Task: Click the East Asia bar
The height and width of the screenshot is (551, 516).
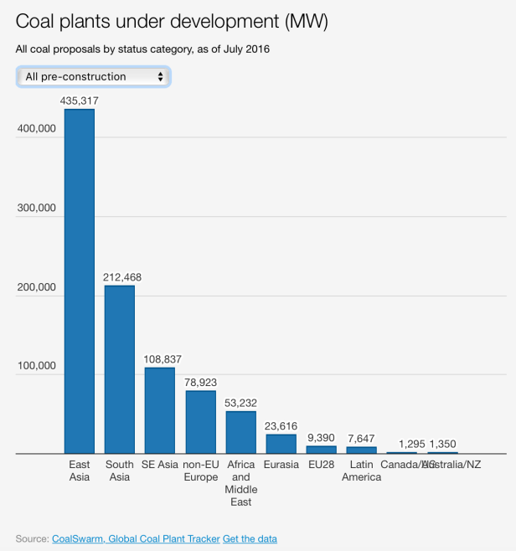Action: point(80,281)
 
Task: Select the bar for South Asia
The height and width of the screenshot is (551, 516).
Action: point(120,369)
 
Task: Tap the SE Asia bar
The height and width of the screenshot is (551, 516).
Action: point(160,410)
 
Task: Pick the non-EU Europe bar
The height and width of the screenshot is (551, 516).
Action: point(200,422)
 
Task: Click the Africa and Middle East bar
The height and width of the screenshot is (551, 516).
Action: point(241,432)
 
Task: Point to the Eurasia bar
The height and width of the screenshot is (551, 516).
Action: point(281,444)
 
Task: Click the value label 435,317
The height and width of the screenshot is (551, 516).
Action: point(80,100)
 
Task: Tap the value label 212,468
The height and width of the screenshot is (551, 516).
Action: point(120,277)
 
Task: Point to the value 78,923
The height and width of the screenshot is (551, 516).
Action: point(200,382)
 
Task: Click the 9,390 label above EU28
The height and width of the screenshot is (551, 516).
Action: point(322,437)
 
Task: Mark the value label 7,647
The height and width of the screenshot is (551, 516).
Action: point(362,438)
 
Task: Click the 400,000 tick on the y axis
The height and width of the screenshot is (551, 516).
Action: point(36,129)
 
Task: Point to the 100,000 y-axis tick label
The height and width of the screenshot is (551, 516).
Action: point(36,366)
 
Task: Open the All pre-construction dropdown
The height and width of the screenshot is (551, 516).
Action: point(93,77)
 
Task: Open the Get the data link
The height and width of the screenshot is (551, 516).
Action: point(250,538)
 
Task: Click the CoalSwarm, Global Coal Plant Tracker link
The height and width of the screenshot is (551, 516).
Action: point(136,538)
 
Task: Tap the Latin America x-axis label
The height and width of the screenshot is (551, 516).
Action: point(362,471)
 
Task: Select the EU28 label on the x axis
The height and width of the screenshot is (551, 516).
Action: point(322,464)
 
